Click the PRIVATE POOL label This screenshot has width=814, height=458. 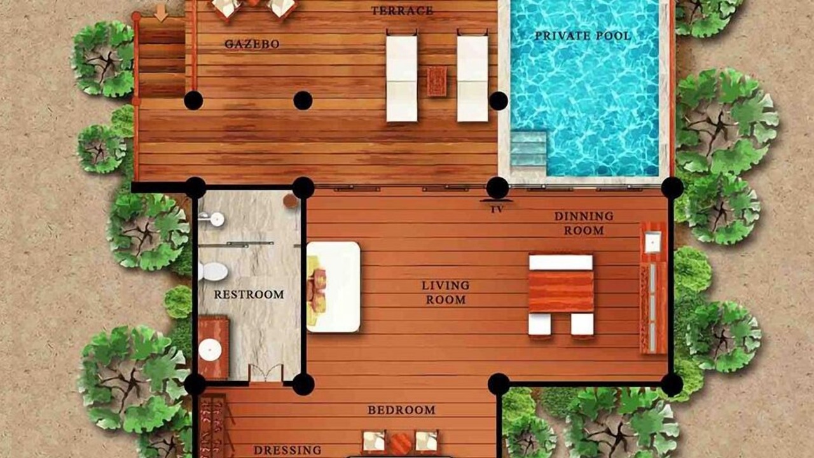[x=583, y=36]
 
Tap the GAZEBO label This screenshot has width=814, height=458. [x=252, y=45]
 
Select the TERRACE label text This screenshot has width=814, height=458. [x=403, y=11]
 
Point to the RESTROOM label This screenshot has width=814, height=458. [x=249, y=295]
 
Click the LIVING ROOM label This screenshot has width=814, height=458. [x=446, y=293]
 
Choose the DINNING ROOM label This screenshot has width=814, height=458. [x=584, y=223]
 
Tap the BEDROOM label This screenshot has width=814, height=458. [x=401, y=410]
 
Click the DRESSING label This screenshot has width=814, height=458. [x=287, y=451]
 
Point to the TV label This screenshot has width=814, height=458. [x=497, y=210]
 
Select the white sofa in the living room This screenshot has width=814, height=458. [x=333, y=287]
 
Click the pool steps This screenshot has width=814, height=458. [x=528, y=153]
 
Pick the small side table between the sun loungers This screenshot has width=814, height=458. [x=437, y=81]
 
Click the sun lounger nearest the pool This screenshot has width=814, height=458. [x=473, y=78]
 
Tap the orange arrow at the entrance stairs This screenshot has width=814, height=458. [x=161, y=13]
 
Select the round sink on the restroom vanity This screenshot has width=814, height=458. [x=210, y=350]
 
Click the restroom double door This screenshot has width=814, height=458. [x=266, y=373]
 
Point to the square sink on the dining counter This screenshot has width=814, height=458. [x=653, y=243]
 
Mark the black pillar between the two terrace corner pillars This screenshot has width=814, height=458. [x=303, y=101]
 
